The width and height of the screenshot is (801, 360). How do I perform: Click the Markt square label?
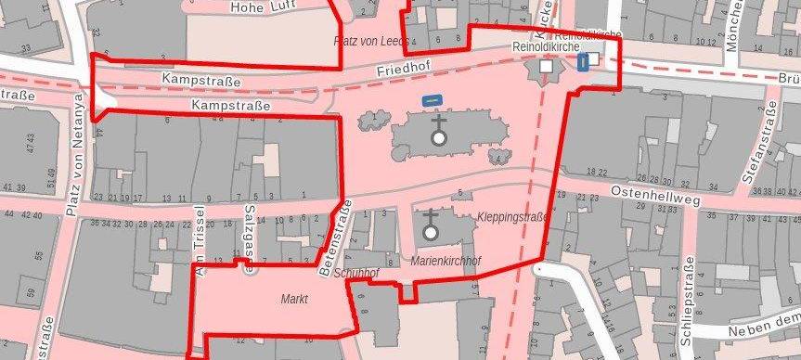[293, 300]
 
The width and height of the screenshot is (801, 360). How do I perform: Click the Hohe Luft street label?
[263, 6]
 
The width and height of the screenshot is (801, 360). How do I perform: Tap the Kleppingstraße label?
[511, 217]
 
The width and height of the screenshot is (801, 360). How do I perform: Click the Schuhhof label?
[356, 274]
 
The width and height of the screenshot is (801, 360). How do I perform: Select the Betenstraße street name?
[331, 239]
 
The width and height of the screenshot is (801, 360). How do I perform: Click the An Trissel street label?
[198, 240]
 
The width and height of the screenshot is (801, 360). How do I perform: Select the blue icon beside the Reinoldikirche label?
[583, 62]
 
